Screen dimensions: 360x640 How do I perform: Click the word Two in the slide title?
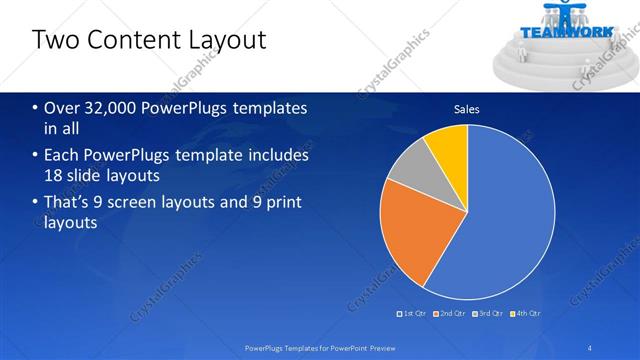(53, 40)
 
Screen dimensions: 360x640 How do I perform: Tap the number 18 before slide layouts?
(53, 176)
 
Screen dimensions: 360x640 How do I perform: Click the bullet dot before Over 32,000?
(36, 108)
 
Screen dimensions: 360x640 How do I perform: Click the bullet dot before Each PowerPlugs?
(36, 156)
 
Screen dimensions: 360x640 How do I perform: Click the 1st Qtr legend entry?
(414, 313)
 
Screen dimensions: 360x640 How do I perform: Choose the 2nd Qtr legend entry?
(449, 313)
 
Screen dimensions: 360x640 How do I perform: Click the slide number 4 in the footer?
(590, 348)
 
